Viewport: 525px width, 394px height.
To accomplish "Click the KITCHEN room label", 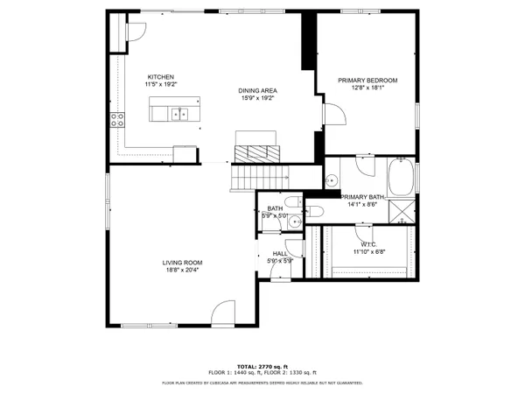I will (x=161, y=77).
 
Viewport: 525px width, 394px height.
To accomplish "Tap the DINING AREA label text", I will (x=257, y=90).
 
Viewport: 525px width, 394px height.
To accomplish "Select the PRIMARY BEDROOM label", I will (x=367, y=81).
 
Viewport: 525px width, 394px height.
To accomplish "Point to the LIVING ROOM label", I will (x=182, y=263).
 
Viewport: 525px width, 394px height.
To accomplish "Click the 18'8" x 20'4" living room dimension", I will (x=182, y=270).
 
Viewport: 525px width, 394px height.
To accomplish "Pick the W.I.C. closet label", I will (x=368, y=245).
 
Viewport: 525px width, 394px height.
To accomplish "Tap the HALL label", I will (x=280, y=254).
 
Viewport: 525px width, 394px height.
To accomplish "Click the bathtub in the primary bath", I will (x=402, y=177).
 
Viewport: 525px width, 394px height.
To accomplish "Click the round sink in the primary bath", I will (x=332, y=181).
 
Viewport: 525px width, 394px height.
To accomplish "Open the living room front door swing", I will (x=224, y=313).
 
